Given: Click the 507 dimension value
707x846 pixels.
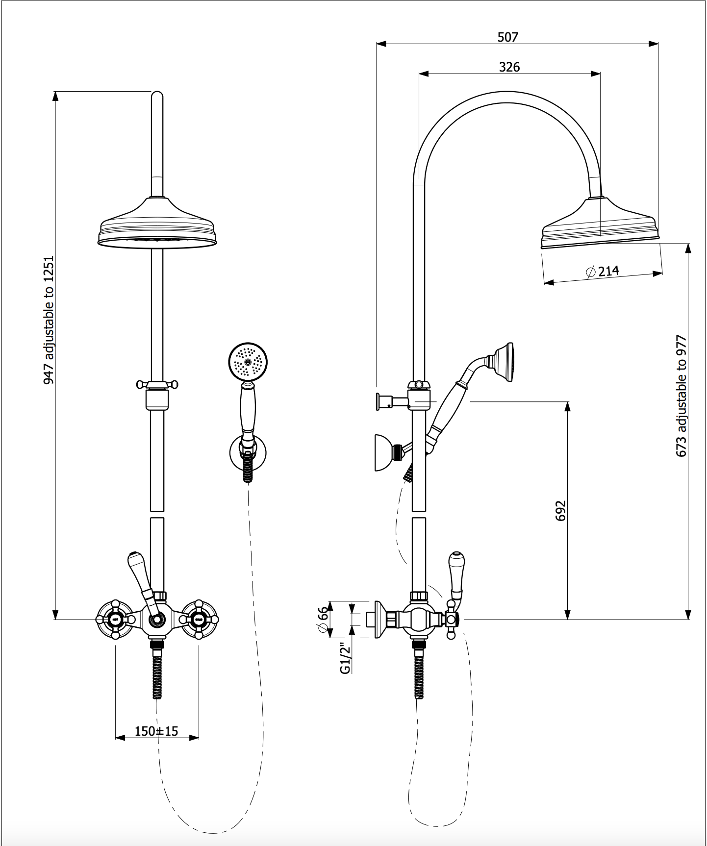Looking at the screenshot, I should click(507, 37).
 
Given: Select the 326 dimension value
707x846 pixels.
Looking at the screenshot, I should click(509, 67).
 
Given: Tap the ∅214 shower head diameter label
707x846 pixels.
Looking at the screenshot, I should click(603, 271).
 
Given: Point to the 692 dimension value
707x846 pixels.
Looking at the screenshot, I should click(561, 511).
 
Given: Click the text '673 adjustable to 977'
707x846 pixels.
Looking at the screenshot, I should click(681, 396).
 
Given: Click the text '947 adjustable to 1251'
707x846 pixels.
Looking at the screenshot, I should click(49, 320).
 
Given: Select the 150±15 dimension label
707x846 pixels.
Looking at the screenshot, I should click(156, 731).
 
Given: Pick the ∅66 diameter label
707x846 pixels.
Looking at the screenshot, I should click(323, 620).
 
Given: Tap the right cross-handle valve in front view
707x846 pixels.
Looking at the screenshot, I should click(199, 620).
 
